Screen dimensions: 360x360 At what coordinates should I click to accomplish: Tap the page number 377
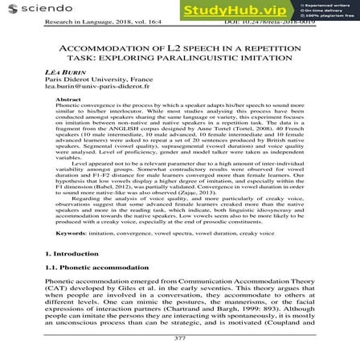(179, 337)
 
